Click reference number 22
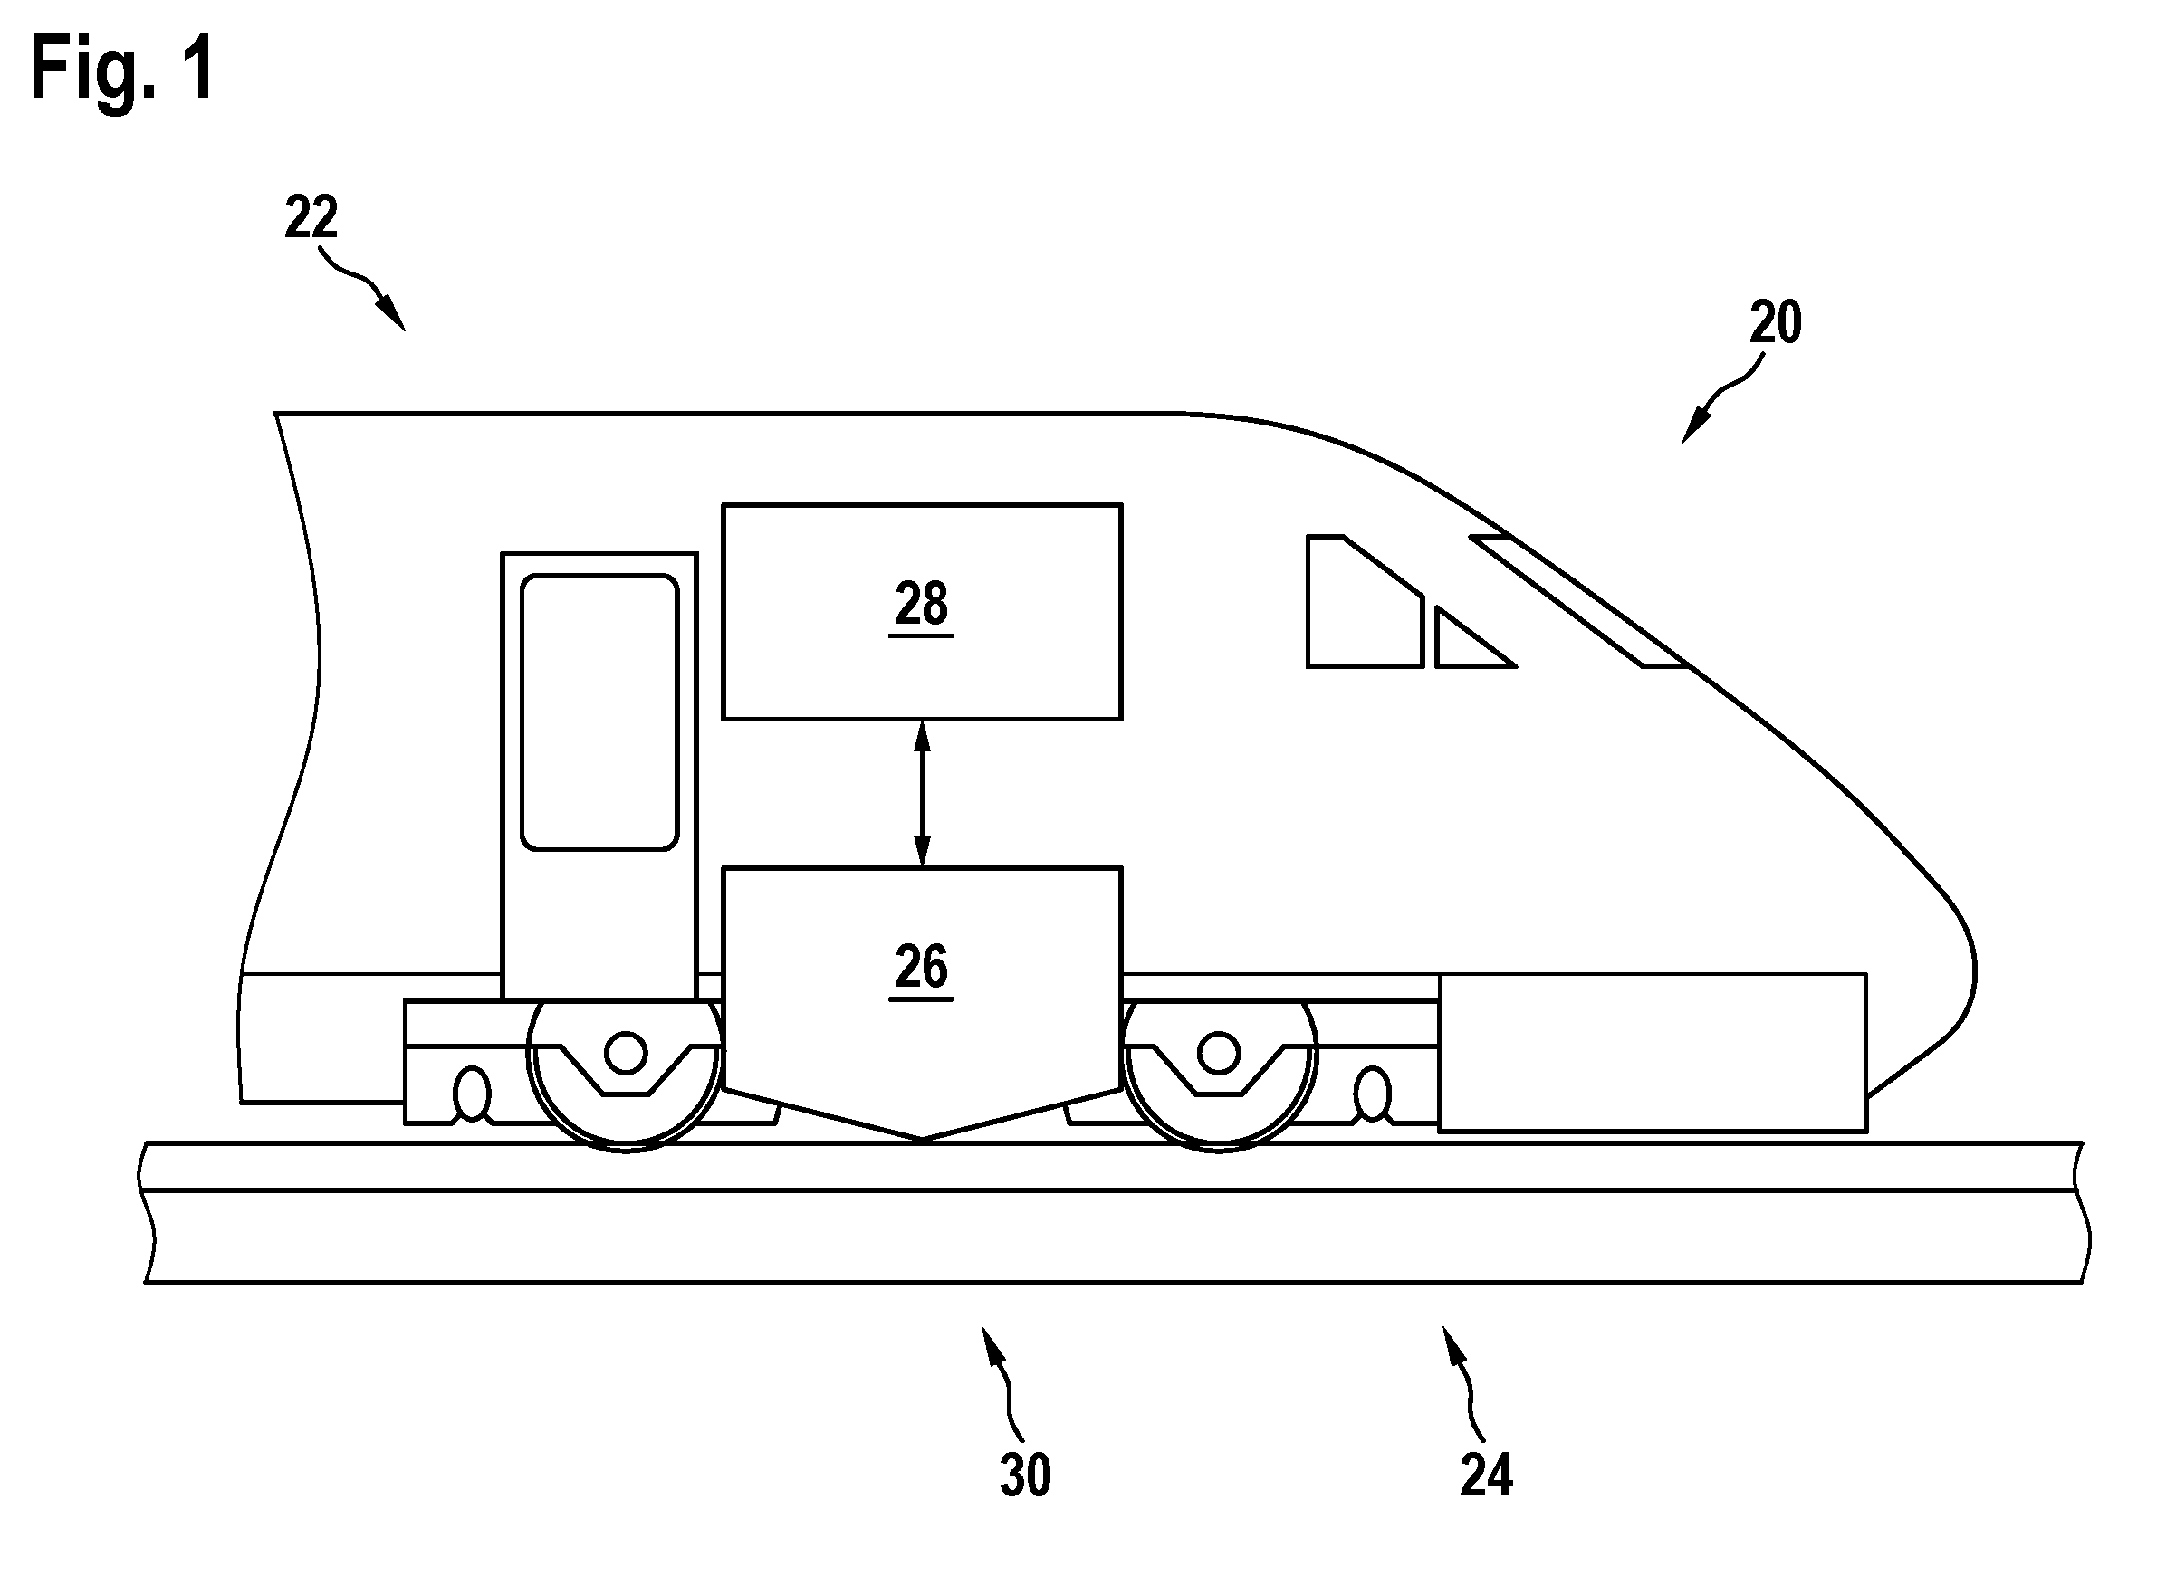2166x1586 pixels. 311,217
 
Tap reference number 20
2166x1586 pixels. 1775,322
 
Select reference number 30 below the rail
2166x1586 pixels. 1025,1475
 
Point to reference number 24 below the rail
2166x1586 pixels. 1486,1475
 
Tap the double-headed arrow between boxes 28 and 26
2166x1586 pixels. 922,794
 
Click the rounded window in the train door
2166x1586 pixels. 599,712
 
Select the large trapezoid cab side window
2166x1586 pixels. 1364,601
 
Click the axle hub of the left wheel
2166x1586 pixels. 626,1053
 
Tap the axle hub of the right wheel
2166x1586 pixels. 1220,1053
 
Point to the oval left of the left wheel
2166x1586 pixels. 472,1094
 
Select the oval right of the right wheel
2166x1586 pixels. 1373,1094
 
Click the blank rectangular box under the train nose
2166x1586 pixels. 1653,1052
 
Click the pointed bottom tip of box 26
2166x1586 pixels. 922,1139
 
